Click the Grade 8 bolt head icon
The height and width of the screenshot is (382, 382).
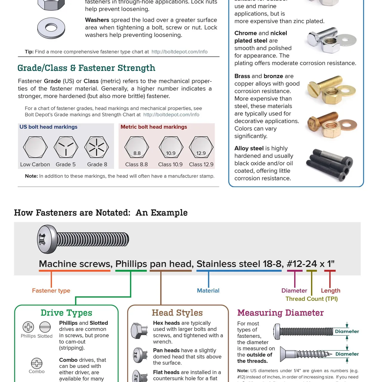coord(96,147)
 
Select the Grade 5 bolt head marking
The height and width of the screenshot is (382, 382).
coord(66,147)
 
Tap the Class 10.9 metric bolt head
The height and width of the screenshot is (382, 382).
coord(171,147)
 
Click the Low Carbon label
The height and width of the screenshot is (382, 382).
coord(35,164)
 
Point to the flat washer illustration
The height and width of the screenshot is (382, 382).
coord(51,28)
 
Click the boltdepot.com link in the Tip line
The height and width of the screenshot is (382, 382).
coord(179,52)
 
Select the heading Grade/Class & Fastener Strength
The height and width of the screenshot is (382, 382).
coord(86,68)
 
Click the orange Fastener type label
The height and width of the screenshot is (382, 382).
coord(51,291)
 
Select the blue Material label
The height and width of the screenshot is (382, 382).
coord(208,291)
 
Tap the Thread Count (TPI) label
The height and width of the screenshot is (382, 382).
coord(311,299)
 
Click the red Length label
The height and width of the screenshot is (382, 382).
coord(330,291)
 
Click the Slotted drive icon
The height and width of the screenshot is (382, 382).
coord(45,327)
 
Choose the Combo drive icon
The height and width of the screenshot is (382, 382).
coord(37,363)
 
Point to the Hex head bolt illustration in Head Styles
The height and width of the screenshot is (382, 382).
coord(139,331)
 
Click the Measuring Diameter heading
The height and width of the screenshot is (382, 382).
coord(280,313)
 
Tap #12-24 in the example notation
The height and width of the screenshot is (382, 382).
coord(301,264)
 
